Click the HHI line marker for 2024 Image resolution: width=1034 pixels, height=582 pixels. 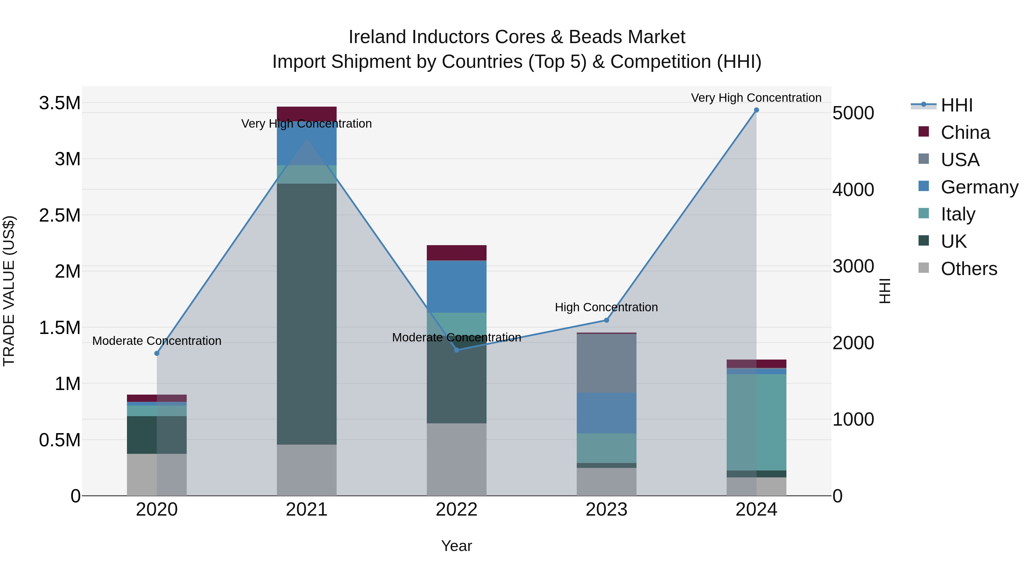(756, 110)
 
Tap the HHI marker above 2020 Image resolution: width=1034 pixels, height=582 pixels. (157, 354)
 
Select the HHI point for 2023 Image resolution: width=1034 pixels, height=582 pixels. (607, 320)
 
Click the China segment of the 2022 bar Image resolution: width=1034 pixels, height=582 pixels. (456, 253)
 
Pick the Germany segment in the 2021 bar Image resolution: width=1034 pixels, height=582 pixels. (307, 143)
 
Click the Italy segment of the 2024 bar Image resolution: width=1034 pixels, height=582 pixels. (756, 422)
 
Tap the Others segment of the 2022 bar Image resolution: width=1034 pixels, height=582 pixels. (456, 459)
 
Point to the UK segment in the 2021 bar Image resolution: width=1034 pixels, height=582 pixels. (307, 314)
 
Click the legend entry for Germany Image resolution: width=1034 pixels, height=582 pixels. (979, 187)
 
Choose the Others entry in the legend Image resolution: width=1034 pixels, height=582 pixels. (969, 269)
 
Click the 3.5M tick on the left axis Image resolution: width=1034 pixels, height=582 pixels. (60, 103)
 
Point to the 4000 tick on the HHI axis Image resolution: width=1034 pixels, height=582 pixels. (853, 190)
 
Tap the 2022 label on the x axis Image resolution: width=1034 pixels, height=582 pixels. (456, 510)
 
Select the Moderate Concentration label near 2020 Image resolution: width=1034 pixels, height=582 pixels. (157, 341)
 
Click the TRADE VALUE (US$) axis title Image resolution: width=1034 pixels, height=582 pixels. (9, 291)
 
